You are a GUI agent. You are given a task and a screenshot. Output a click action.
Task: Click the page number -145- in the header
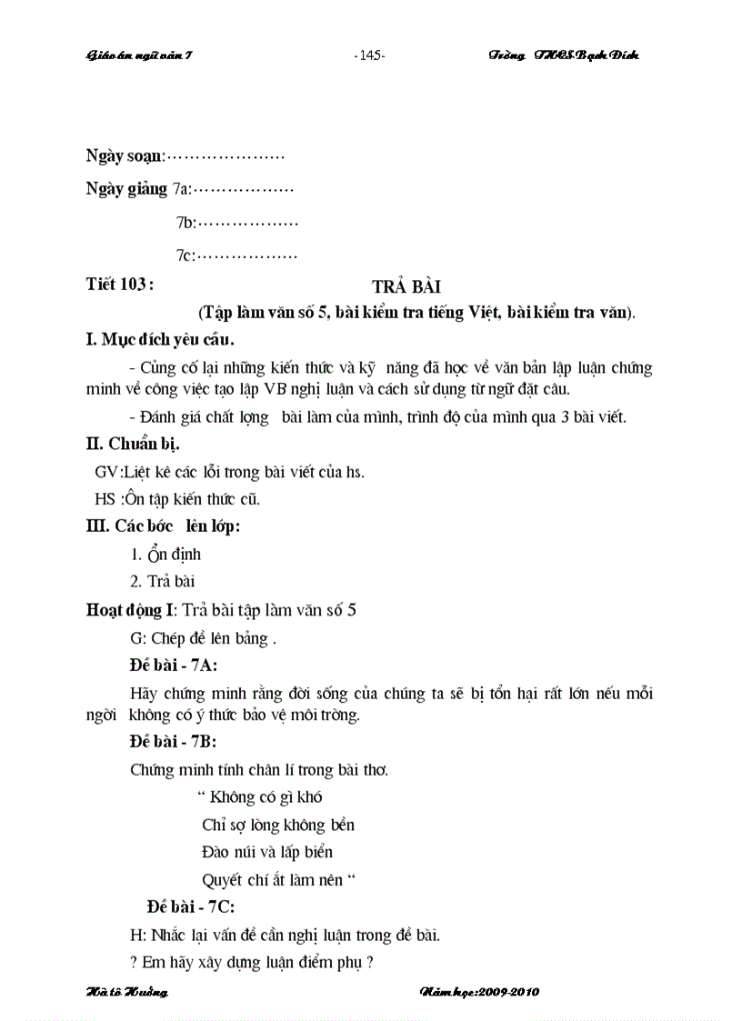[x=369, y=55]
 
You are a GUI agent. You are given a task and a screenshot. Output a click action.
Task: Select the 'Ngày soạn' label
[x=125, y=155]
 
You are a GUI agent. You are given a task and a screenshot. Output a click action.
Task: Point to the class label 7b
[x=185, y=222]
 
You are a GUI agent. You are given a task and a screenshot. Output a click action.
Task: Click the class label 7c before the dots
[x=185, y=256]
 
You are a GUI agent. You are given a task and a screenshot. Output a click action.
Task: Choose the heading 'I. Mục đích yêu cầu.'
[x=160, y=341]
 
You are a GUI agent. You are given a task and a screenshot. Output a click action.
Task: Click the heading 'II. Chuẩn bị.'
[x=132, y=445]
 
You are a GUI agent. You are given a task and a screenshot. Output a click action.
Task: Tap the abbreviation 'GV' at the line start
[x=106, y=472]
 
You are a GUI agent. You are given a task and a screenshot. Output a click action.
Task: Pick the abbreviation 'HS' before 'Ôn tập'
[x=106, y=498]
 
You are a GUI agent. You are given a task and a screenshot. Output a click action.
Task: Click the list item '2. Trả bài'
[x=163, y=581]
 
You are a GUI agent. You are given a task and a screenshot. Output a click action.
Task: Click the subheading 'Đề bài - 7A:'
[x=174, y=665]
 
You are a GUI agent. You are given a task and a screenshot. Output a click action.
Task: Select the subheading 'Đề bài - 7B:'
[x=174, y=742]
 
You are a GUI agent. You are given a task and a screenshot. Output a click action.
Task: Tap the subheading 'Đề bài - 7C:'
[x=191, y=906]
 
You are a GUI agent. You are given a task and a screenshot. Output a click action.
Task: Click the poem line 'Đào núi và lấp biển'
[x=267, y=852]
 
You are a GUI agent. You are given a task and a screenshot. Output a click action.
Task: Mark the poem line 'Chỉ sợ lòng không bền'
[x=277, y=825]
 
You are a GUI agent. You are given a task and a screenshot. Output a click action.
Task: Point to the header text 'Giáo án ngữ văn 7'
[x=139, y=55]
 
